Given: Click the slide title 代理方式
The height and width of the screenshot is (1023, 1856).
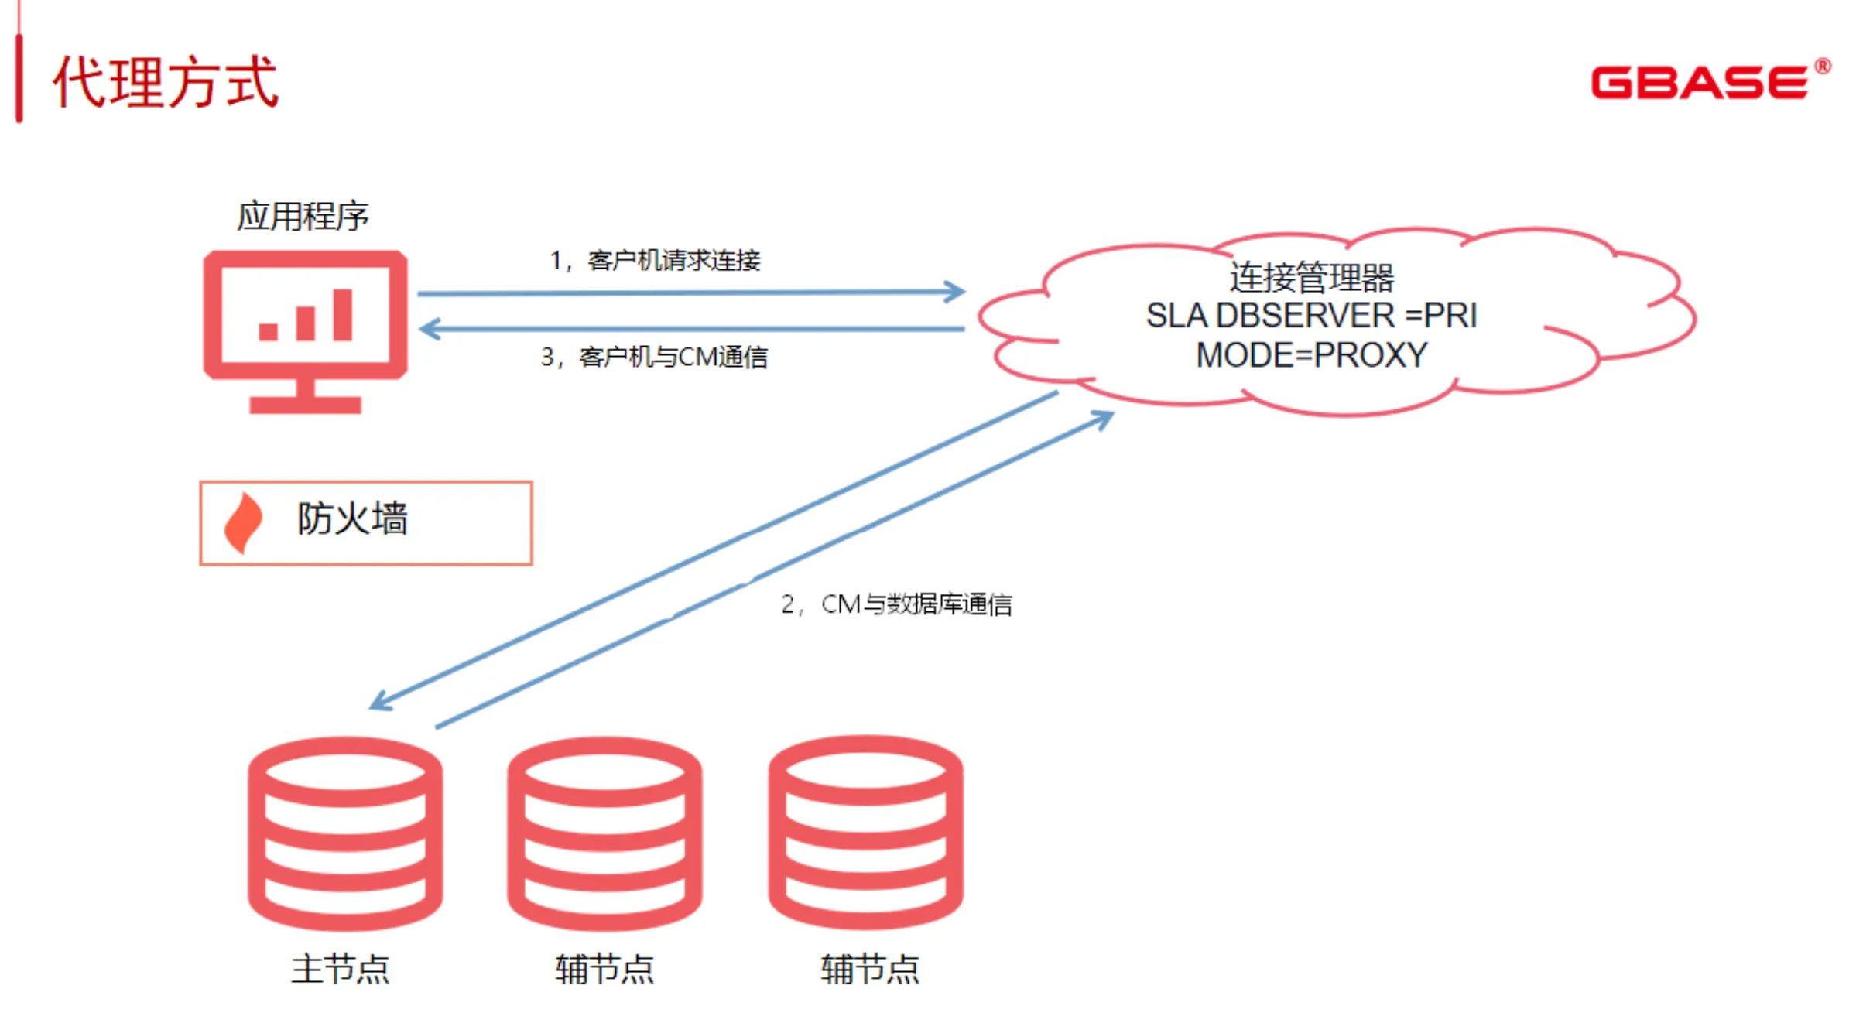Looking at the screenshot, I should [165, 82].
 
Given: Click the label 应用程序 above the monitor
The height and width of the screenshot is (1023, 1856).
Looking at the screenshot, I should [303, 216].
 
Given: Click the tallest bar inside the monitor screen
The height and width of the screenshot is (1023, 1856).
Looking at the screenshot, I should [342, 315].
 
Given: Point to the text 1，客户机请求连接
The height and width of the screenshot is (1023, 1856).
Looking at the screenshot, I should [655, 260].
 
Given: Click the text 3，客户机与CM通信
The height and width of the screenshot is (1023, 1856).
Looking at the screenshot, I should [654, 357].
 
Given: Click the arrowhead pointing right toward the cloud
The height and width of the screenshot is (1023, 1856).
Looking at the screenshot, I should [956, 292].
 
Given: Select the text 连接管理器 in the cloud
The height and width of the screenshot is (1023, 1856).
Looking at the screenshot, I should [1311, 277].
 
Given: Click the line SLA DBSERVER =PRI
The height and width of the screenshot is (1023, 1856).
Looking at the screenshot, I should [1311, 316].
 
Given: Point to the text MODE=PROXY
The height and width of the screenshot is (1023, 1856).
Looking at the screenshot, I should [1311, 355].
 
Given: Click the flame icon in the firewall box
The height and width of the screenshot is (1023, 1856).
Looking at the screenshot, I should [243, 523].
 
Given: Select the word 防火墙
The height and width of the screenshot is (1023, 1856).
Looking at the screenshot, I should [352, 518].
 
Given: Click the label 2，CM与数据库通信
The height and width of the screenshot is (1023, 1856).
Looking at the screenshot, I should [896, 604].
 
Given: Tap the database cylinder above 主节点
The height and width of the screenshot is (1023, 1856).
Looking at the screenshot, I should [345, 833].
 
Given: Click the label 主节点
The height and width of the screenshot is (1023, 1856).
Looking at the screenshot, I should [341, 969].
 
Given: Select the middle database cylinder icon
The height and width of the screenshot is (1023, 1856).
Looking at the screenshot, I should [604, 833].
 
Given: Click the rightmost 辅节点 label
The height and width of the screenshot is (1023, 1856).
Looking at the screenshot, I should [870, 969].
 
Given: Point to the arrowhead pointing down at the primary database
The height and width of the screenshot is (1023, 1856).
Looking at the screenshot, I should [380, 701].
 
